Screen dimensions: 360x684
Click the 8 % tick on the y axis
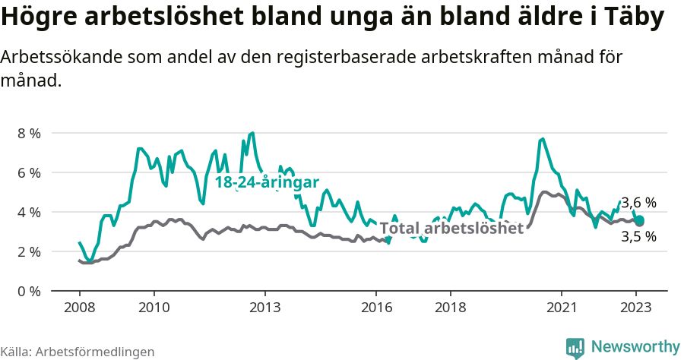click(x=30, y=133)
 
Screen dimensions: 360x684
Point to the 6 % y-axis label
click(x=30, y=172)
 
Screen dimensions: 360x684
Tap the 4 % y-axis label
click(x=30, y=212)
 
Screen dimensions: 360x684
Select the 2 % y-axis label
click(x=30, y=251)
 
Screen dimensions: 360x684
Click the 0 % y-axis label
click(x=30, y=291)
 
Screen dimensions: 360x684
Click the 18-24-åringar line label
click(x=266, y=183)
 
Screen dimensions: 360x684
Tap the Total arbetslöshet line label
click(x=451, y=228)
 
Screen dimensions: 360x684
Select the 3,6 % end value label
click(x=638, y=203)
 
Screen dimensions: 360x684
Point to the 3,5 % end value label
click(x=638, y=237)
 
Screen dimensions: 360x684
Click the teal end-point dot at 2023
click(x=639, y=221)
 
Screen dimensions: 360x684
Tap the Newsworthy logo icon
click(x=575, y=347)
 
